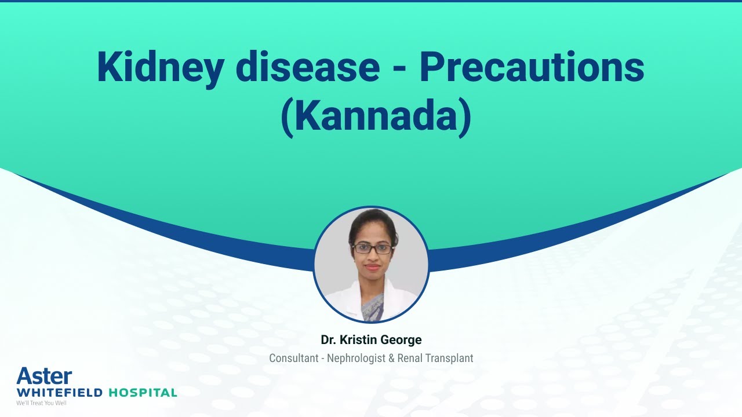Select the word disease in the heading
click(x=308, y=67)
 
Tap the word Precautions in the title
click(x=532, y=67)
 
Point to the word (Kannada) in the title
click(x=376, y=116)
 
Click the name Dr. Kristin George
click(x=371, y=339)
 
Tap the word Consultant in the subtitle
click(x=294, y=359)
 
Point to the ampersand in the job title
click(x=391, y=359)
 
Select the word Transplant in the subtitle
click(x=450, y=359)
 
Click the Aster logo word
click(x=44, y=376)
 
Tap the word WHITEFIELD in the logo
click(x=59, y=393)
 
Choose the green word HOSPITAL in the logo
click(x=143, y=393)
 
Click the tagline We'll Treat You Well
click(x=41, y=403)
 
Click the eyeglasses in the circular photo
click(x=372, y=248)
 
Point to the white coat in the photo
click(x=342, y=301)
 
